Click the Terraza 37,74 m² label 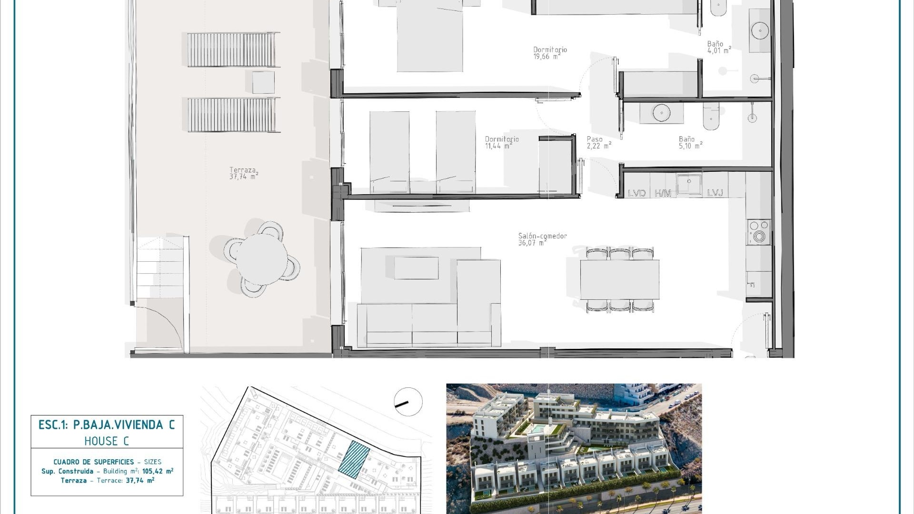coord(244,173)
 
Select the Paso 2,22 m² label coord(599,143)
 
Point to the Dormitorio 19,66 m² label coord(550,53)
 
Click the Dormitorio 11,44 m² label coord(502,143)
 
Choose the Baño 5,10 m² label coord(691,143)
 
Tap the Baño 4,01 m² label coord(719,47)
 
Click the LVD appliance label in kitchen coord(636,193)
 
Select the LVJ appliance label coord(715,193)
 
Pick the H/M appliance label coord(663,193)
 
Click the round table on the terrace coord(262,259)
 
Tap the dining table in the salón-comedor coord(619,279)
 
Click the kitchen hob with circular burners coord(759,232)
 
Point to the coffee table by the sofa coord(416,268)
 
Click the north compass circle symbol coord(408,402)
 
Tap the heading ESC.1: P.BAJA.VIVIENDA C coord(107,425)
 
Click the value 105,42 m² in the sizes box coord(158,471)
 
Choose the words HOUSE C coord(107,441)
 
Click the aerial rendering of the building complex coord(574,449)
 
